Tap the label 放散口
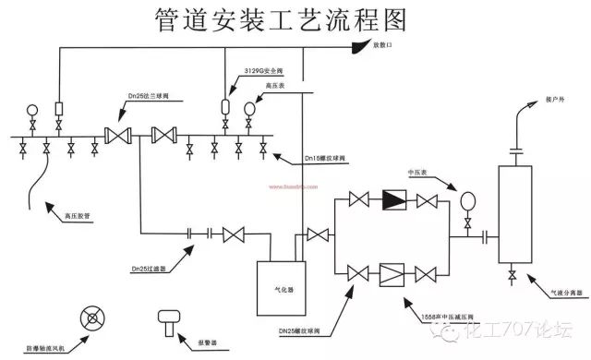pos(385,43)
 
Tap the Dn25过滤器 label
pos(148,269)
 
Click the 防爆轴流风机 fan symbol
pos(93,319)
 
